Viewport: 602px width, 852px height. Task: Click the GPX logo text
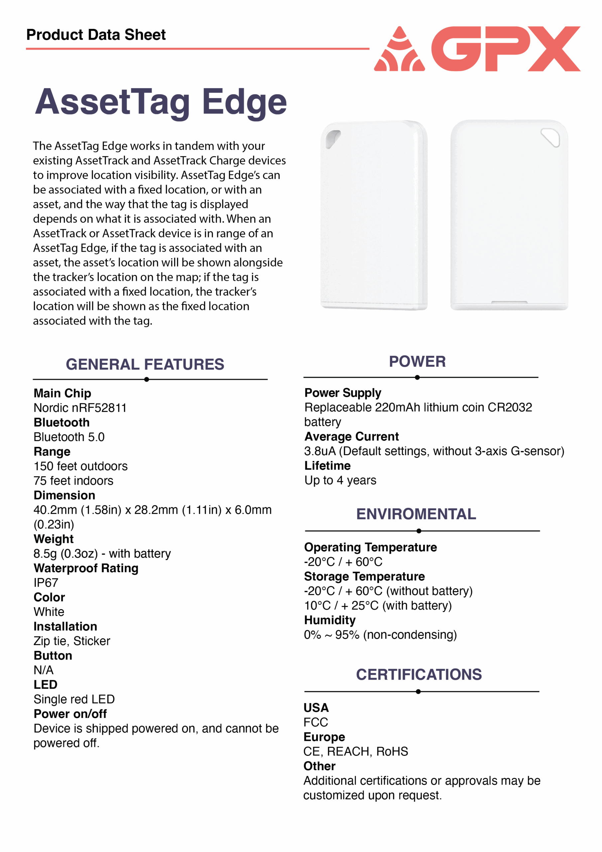[506, 49]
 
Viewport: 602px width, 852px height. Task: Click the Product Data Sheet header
[96, 35]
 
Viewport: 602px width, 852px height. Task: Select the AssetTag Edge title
[161, 102]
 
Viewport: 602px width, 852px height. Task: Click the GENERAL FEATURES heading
[145, 364]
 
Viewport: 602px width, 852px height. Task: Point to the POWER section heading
[417, 361]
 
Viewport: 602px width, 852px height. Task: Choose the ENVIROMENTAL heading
[416, 514]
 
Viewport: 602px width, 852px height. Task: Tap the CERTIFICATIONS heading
[419, 674]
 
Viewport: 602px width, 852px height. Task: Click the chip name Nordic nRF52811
[80, 408]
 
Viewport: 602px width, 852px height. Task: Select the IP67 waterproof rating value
[46, 583]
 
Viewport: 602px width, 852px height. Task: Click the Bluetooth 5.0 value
[69, 437]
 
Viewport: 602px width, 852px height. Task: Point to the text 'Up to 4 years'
[340, 480]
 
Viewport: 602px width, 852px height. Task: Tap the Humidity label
[329, 620]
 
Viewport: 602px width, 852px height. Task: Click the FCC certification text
[315, 722]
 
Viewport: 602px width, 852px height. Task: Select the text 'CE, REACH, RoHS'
[355, 751]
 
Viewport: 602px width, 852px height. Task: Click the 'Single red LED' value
[74, 699]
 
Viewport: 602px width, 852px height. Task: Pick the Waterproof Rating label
[86, 568]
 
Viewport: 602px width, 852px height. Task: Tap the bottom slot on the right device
[509, 303]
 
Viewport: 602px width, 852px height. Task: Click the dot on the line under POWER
[418, 377]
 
